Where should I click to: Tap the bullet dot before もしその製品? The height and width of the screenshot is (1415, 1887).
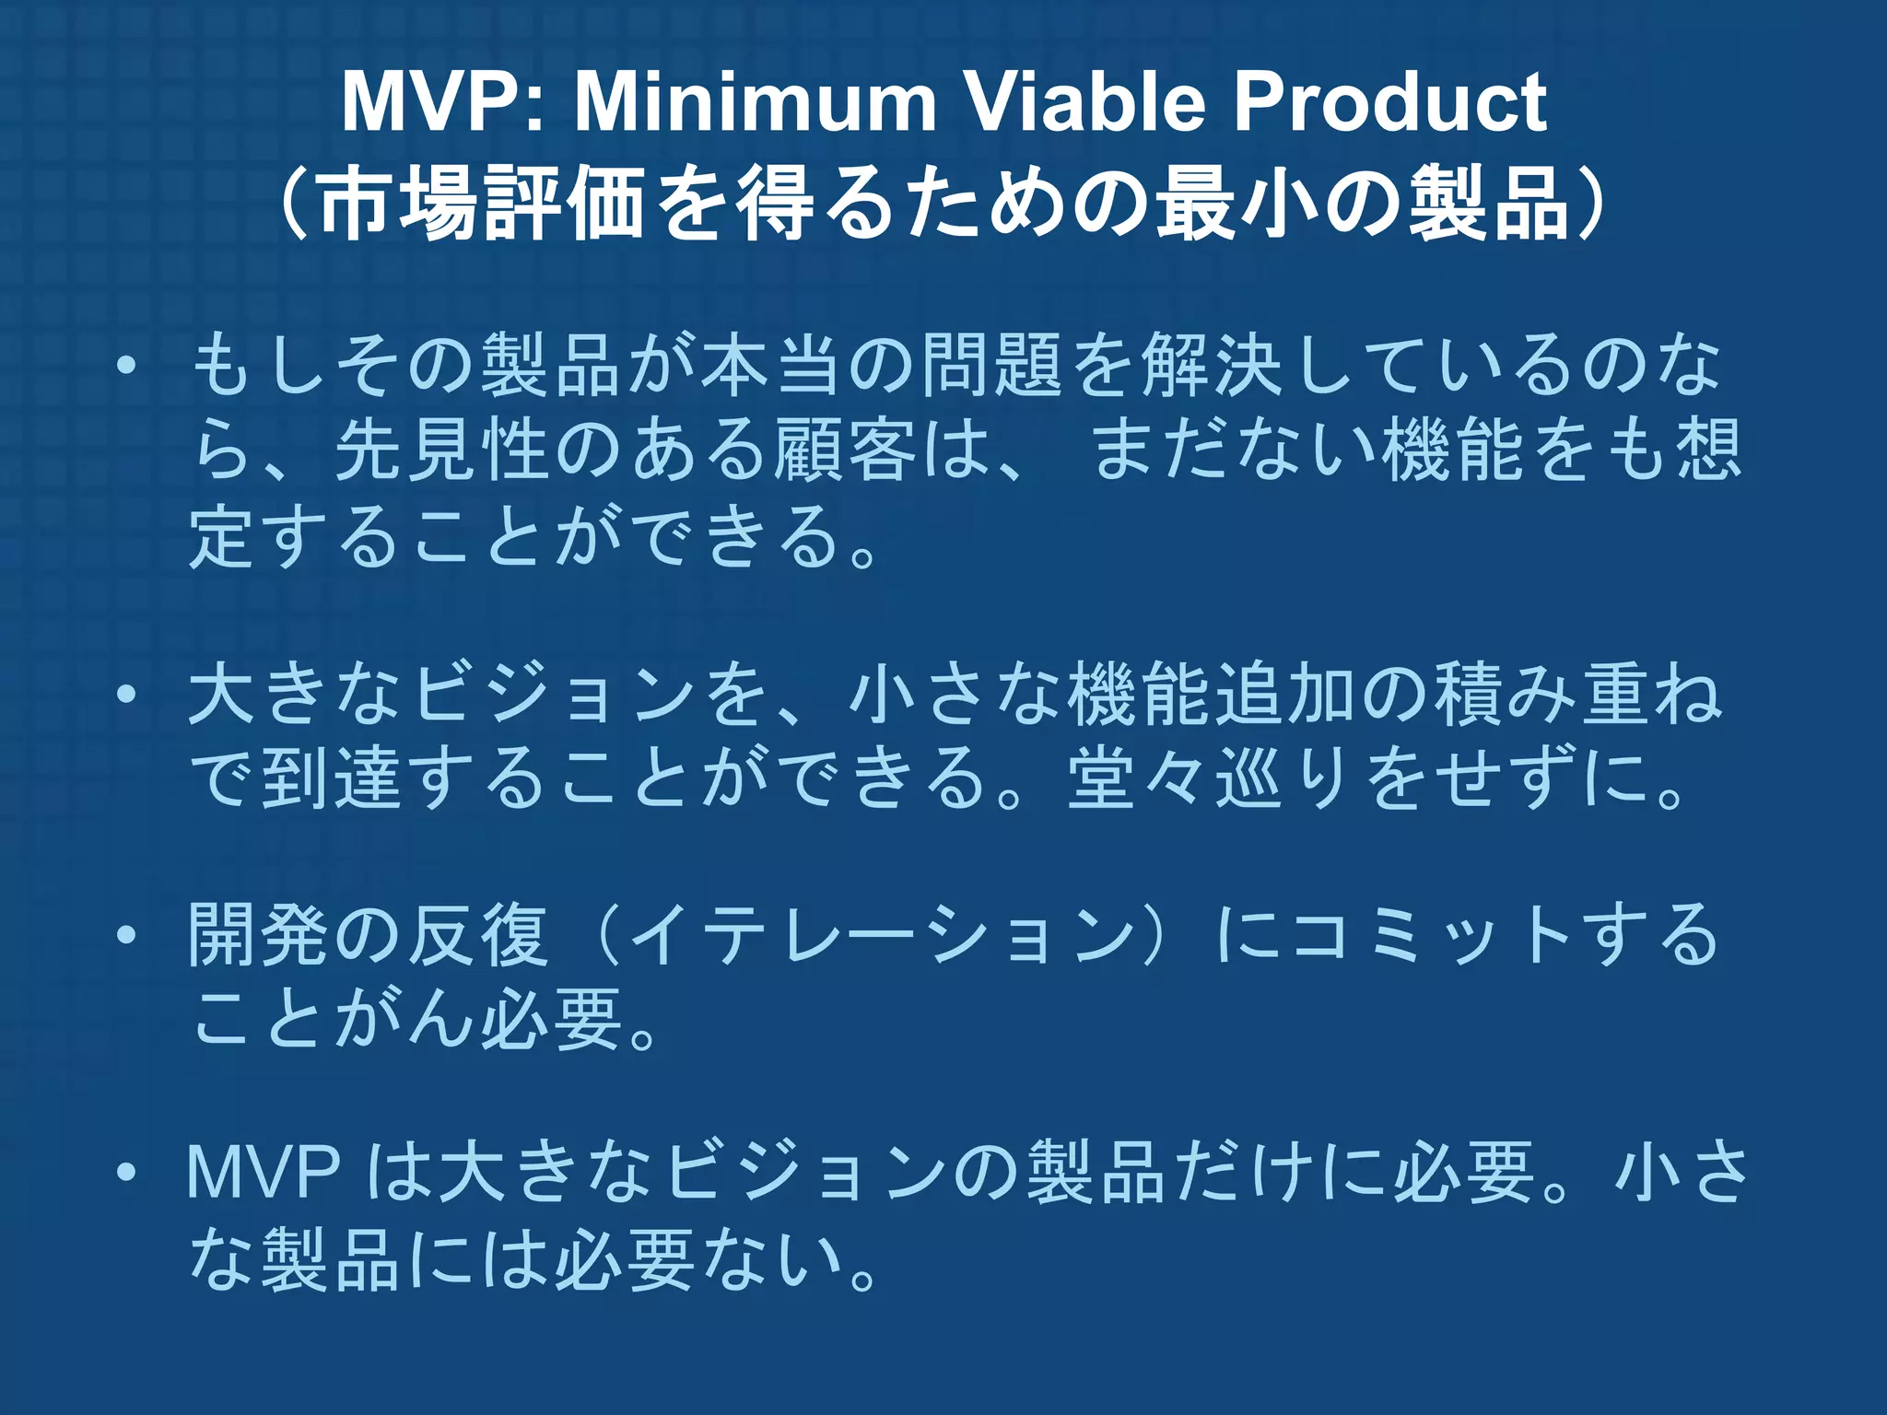[126, 368]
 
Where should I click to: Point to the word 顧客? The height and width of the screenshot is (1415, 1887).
[844, 450]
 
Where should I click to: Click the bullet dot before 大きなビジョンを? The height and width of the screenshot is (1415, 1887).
[126, 696]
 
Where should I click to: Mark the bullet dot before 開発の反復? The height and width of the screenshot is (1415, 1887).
[126, 936]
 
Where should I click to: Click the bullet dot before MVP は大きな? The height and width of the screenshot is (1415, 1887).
[126, 1174]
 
